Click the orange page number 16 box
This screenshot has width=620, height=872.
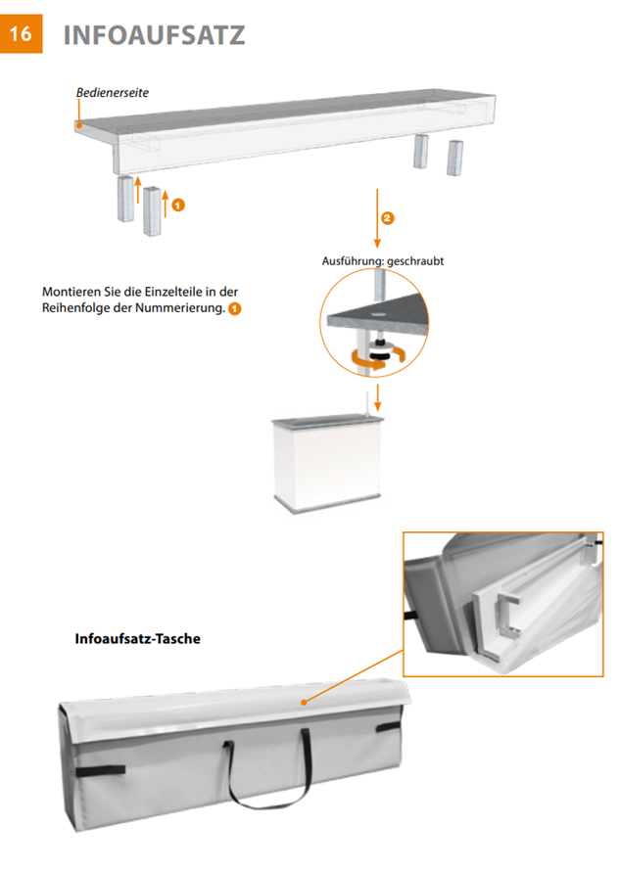pos(22,34)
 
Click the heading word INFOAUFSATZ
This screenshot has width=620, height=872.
pos(154,35)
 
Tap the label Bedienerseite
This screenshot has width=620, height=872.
pos(113,93)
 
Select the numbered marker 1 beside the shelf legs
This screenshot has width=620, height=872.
pos(178,206)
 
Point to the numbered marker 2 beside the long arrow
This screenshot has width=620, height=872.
pos(387,218)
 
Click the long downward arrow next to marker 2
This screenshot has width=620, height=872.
pos(377,218)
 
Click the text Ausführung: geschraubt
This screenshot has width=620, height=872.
pos(383,261)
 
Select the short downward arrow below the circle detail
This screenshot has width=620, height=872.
pos(377,397)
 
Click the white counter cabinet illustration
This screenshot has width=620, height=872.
pos(328,463)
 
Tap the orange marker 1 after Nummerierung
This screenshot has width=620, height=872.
pos(235,309)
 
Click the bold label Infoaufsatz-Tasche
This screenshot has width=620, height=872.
pos(137,638)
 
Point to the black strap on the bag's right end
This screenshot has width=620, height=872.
pos(389,727)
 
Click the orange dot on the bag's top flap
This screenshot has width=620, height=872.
pos(304,703)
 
